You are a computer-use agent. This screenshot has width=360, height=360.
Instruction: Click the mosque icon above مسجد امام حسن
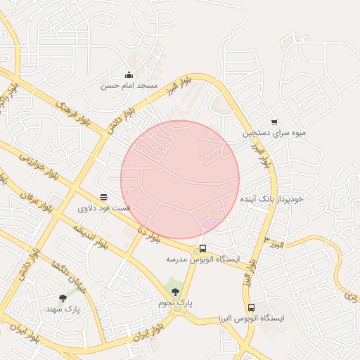[129, 75]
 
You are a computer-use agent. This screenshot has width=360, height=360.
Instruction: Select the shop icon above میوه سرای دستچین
[274, 122]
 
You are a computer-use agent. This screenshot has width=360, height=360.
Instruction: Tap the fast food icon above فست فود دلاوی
[103, 198]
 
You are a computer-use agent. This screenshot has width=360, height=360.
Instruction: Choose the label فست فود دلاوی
[103, 208]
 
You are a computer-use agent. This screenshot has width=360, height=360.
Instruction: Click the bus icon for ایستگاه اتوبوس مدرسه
[202, 248]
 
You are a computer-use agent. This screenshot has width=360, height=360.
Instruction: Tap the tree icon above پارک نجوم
[175, 292]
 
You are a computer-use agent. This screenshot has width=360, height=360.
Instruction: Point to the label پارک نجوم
[175, 302]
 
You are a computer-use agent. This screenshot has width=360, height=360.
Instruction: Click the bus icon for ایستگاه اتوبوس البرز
[251, 308]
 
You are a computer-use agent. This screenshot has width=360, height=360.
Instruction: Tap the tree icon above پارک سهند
[63, 298]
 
